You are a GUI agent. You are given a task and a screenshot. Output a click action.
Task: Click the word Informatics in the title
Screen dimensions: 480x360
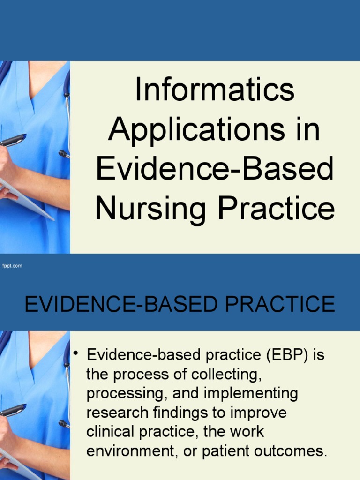(215, 90)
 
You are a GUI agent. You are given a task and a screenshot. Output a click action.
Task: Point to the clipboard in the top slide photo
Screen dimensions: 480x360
(26, 199)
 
